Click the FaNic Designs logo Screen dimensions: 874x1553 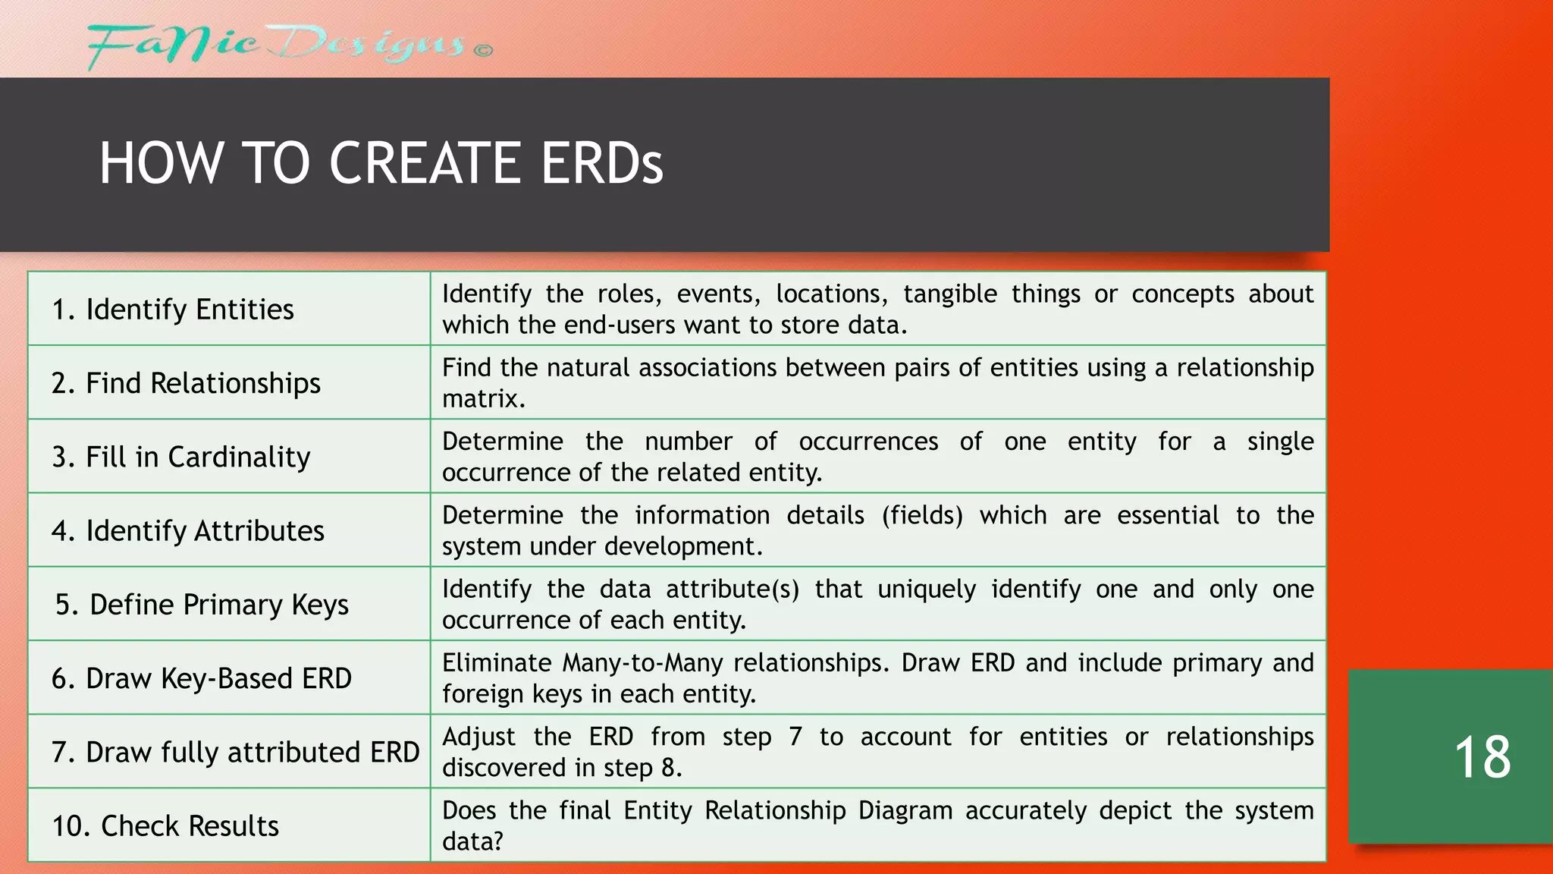pyautogui.click(x=277, y=46)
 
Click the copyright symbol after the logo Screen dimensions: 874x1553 pyautogui.click(x=484, y=51)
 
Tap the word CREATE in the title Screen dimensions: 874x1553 pyautogui.click(x=425, y=163)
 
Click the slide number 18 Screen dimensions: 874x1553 pyautogui.click(x=1482, y=757)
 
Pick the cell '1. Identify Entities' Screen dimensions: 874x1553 pyautogui.click(x=173, y=310)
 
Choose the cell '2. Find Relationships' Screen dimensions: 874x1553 pyautogui.click(x=186, y=383)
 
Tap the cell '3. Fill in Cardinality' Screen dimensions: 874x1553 pyautogui.click(x=181, y=457)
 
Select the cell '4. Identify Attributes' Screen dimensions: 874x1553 pyautogui.click(x=188, y=530)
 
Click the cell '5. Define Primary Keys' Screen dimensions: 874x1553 pyautogui.click(x=202, y=605)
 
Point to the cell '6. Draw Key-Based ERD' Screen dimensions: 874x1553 pyautogui.click(x=202, y=678)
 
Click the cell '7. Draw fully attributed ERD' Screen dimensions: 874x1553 pyautogui.click(x=235, y=752)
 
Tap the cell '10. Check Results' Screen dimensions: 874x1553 pyautogui.click(x=165, y=825)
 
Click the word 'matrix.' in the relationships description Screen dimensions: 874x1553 pyautogui.click(x=483, y=399)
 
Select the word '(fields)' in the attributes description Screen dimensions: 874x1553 pyautogui.click(x=921, y=515)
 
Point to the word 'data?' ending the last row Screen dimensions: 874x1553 pyautogui.click(x=472, y=841)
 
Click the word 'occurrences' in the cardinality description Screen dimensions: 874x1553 pyautogui.click(x=868, y=442)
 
